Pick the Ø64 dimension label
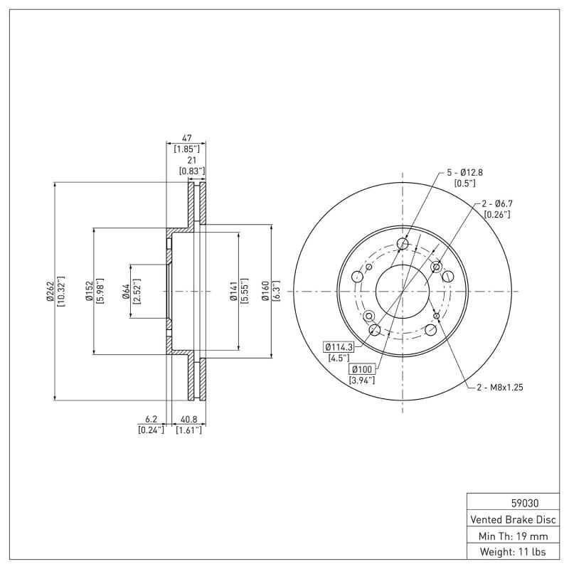(x=126, y=292)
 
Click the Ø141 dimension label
(x=233, y=292)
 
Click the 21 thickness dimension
(x=192, y=161)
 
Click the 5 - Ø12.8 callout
(x=464, y=172)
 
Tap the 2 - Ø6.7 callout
(x=497, y=203)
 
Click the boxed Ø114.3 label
(x=339, y=346)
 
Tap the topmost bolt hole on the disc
(x=403, y=245)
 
